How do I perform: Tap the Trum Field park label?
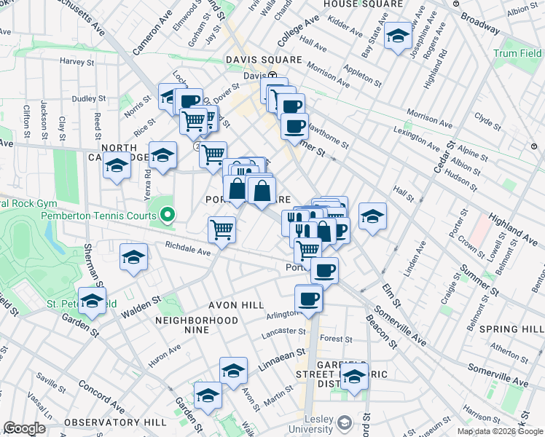click(x=517, y=53)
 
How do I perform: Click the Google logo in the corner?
click(x=24, y=428)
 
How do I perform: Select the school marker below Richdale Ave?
click(x=134, y=257)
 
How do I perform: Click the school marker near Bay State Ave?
click(x=398, y=36)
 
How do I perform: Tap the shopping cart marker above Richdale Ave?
click(x=221, y=229)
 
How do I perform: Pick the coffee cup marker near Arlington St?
click(x=308, y=298)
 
